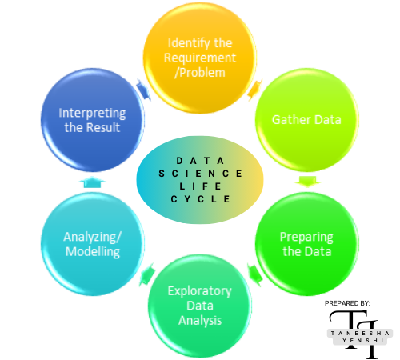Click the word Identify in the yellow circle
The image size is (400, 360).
[x=182, y=42]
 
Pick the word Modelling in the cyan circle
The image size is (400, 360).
[x=93, y=251]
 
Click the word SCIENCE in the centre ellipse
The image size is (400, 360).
[x=200, y=173]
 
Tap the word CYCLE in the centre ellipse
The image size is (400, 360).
[x=200, y=198]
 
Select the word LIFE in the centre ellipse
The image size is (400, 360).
[x=200, y=186]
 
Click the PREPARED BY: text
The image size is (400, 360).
[x=347, y=304]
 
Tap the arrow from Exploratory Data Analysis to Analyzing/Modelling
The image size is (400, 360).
[x=146, y=277]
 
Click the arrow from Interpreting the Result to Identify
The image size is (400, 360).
[x=143, y=90]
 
